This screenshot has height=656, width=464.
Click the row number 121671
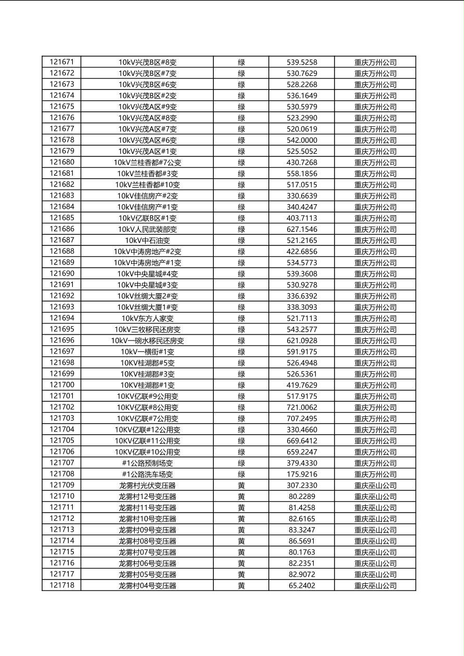coord(61,62)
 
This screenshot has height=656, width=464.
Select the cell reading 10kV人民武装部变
coord(147,229)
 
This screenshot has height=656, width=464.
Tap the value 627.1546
coord(302,229)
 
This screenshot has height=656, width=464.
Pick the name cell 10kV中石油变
coord(147,240)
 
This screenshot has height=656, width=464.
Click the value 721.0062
coord(302,408)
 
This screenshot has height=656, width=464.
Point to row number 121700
coord(61,385)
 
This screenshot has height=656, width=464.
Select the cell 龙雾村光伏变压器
coord(147,486)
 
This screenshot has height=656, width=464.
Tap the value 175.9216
coord(302,474)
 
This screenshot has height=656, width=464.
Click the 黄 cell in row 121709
coord(241,486)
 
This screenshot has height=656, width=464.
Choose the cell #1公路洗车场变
coord(147,474)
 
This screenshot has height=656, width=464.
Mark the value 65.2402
coord(302,586)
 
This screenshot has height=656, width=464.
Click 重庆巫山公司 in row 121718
coord(375,586)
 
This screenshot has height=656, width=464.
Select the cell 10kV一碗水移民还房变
coord(147,340)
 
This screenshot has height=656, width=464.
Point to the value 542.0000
coord(302,140)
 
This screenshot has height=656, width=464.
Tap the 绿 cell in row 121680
coord(241,162)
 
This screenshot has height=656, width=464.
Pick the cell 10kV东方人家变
coord(147,318)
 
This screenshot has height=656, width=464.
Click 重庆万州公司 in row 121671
coord(375,62)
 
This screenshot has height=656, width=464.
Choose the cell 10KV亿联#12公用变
coord(147,430)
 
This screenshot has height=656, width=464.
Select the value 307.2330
coord(302,486)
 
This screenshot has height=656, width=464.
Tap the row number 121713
coord(61,530)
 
